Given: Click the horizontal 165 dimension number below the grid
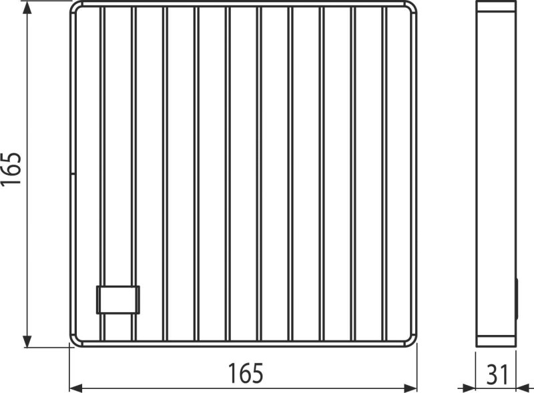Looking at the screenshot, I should click(x=246, y=374).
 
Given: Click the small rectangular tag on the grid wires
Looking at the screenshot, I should click(x=118, y=300).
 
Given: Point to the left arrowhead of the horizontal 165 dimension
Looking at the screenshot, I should click(x=76, y=386).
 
